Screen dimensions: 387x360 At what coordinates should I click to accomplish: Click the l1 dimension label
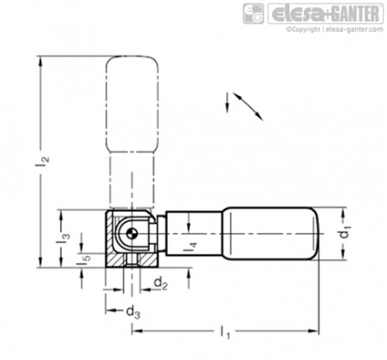point(225,332)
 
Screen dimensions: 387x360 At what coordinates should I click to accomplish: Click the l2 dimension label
point(42,163)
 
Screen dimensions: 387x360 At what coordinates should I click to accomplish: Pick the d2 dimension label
point(160,284)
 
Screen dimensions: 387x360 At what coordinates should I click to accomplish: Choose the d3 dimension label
point(133,311)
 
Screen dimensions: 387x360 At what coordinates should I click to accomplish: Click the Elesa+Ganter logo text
point(325,14)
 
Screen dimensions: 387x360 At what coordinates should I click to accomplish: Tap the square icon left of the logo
point(253,14)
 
